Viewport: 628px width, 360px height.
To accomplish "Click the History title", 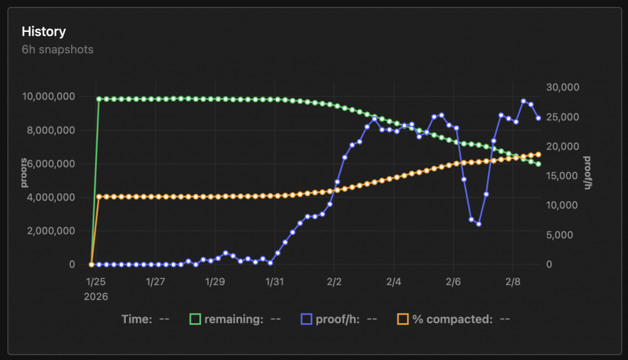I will (44, 31).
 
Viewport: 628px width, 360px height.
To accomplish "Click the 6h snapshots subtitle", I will (58, 49).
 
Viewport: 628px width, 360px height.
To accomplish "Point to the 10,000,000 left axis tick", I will (48, 96).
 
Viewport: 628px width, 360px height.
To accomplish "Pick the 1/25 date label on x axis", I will (96, 282).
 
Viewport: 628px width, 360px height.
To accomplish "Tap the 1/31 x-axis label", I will (274, 282).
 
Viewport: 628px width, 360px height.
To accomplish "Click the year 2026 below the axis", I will (96, 296).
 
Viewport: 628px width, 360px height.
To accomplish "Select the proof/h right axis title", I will (588, 173).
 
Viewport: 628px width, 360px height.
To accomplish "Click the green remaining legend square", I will (196, 319).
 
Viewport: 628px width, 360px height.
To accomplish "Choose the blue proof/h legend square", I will (307, 319).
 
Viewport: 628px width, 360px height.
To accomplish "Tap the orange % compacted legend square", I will (403, 319).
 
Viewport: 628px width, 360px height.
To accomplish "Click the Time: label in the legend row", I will (137, 319).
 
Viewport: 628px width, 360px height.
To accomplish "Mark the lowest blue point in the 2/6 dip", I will (478, 224).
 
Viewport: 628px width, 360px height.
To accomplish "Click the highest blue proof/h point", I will (524, 101).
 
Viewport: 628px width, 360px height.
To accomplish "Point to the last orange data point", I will (538, 155).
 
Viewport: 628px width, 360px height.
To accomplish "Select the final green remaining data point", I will (538, 164).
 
